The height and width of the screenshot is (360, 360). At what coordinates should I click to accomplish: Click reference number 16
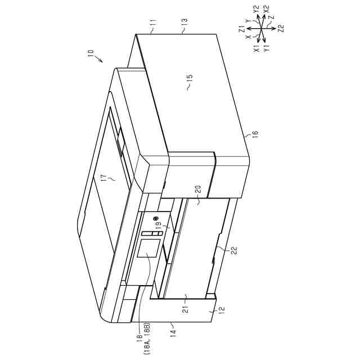pyautogui.click(x=255, y=134)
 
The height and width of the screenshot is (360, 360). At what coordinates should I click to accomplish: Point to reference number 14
pyautogui.click(x=173, y=332)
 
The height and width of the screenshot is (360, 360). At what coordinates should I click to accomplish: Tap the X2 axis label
pyautogui.click(x=266, y=9)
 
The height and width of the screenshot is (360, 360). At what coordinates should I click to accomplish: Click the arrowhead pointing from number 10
pyautogui.click(x=102, y=61)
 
